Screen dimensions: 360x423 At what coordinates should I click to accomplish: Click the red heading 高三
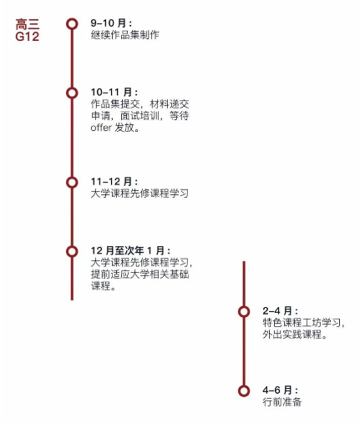28,24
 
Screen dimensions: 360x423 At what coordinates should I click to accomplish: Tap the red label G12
28,37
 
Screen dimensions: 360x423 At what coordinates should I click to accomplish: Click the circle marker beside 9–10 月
72,24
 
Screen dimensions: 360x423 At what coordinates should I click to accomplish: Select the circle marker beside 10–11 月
72,93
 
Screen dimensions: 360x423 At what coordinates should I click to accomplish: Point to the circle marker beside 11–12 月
72,183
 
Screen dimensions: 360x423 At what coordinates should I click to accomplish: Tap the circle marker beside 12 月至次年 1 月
72,251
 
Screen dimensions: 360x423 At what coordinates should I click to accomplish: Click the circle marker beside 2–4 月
244,311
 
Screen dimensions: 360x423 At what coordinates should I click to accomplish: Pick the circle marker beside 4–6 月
244,390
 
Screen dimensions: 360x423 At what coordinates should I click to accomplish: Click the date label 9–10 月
111,23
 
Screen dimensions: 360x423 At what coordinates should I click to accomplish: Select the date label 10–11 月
114,92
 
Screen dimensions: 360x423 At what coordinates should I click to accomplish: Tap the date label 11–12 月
114,182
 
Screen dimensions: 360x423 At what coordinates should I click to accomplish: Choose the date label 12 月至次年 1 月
130,250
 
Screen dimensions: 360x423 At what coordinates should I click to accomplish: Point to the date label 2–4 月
280,310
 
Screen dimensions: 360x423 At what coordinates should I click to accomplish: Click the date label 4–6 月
280,390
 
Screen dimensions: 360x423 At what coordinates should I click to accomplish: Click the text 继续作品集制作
125,35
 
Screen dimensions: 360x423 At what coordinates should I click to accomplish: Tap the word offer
101,128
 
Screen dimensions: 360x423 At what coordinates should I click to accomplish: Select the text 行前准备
282,402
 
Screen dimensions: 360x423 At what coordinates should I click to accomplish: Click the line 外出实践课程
295,335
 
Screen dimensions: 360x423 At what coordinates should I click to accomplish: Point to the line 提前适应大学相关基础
140,274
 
